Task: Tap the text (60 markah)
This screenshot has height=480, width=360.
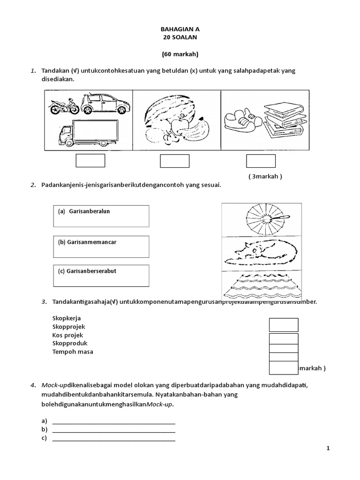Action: click(x=180, y=54)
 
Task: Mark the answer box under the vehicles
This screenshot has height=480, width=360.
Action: click(x=90, y=160)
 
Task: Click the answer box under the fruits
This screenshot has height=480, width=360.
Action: click(x=174, y=160)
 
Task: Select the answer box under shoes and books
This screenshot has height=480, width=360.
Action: click(x=261, y=160)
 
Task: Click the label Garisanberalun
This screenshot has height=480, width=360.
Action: click(x=89, y=211)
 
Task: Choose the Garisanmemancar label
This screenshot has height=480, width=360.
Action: click(x=87, y=242)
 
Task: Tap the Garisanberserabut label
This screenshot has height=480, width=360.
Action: click(x=89, y=271)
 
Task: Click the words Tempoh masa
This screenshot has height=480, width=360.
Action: click(x=73, y=352)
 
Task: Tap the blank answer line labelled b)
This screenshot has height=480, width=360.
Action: click(x=113, y=430)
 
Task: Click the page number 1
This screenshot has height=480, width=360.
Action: click(x=328, y=449)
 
